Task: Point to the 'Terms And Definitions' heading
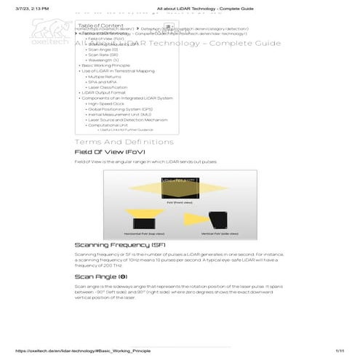119,141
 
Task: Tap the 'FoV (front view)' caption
174,204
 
